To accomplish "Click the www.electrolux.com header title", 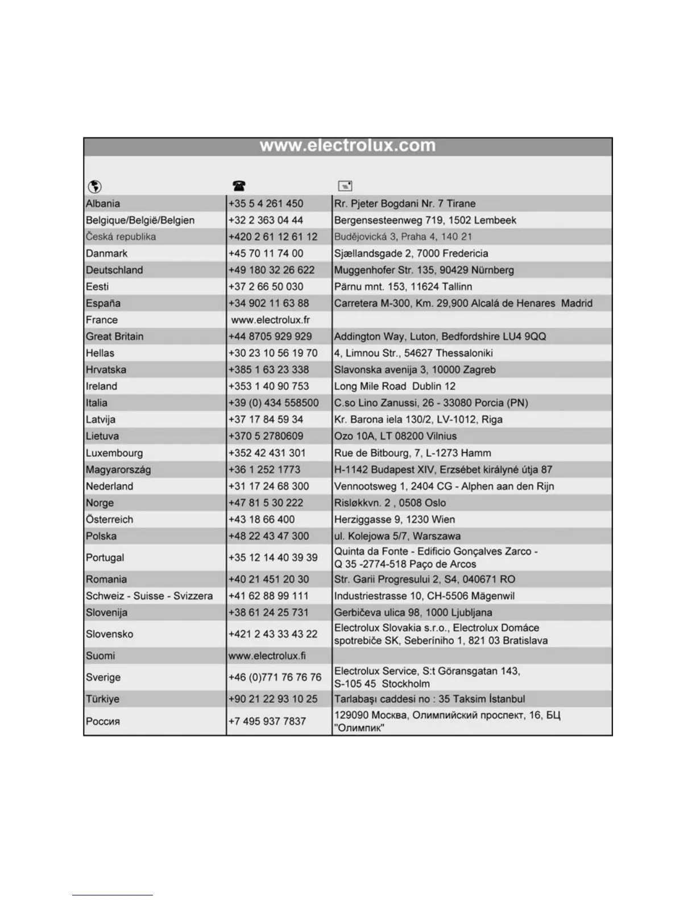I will tap(347, 146).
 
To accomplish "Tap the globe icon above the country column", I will tap(95, 186).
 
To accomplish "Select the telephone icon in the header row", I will tap(239, 186).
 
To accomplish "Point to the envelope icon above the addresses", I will tap(345, 186).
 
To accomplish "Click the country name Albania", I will tap(103, 203).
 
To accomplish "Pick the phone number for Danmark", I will tap(266, 253).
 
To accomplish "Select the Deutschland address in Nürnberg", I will tap(424, 270).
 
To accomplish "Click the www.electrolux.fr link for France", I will tap(270, 320).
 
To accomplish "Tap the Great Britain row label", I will tap(114, 336).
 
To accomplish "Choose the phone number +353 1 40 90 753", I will tap(268, 386).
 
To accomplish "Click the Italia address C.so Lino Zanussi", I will tap(431, 403).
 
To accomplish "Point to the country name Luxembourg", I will tap(114, 453).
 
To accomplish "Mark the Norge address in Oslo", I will tap(390, 503).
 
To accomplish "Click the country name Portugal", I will tap(105, 557).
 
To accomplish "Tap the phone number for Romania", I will tap(268, 579).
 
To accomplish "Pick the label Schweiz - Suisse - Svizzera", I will tap(149, 596).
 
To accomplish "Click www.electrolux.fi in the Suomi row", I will tap(267, 656).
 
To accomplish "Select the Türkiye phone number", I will tap(272, 699).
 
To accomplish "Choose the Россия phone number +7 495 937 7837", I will tap(267, 721).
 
